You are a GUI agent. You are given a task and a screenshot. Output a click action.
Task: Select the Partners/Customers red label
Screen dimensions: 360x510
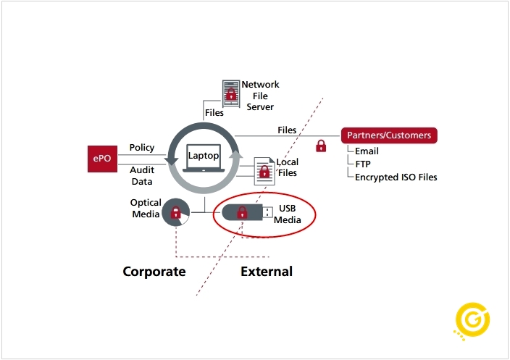389,135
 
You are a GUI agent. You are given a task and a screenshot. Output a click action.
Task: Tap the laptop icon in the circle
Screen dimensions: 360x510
203,159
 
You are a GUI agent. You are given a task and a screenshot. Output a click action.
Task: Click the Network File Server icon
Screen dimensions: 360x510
230,93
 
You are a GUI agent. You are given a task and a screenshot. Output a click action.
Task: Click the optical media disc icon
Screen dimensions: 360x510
176,212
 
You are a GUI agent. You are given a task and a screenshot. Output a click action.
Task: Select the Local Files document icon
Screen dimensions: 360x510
264,172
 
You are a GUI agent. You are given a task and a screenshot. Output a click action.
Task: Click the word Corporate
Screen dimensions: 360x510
154,272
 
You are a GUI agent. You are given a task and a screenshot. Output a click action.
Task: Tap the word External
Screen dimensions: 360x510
267,272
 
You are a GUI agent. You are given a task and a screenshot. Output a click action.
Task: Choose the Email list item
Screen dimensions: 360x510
367,152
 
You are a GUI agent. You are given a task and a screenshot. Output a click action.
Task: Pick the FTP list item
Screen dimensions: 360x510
363,164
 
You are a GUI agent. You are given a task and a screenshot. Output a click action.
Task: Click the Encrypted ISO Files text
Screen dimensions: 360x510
396,177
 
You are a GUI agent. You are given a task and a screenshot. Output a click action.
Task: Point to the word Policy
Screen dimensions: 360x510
142,148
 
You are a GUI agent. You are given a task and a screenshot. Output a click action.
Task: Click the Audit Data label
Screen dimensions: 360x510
142,175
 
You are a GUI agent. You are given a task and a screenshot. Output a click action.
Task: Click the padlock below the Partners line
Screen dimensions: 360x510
321,146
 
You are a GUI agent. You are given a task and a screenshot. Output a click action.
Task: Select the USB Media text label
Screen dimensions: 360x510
288,214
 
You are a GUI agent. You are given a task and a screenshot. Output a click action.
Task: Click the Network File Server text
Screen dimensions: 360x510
260,96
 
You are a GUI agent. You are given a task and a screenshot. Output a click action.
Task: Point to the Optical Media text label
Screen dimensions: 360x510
145,209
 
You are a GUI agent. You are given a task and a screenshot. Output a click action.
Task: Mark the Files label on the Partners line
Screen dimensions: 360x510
287,130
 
